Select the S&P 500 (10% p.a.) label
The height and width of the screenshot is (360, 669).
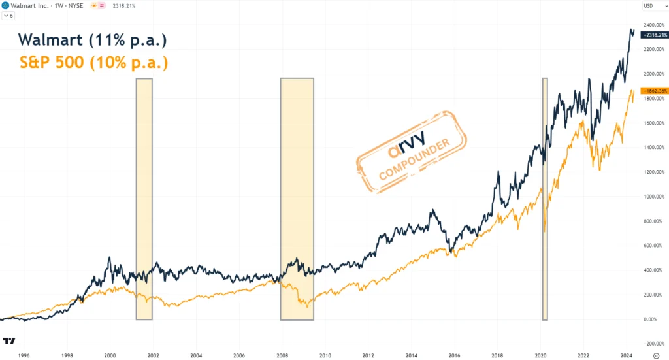[x=93, y=63]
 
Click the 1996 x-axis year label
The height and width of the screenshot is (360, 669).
[x=24, y=355]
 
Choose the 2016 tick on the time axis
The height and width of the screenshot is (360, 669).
[x=454, y=355]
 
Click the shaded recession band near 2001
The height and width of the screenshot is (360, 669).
[x=144, y=199]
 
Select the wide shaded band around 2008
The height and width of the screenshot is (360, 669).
[x=297, y=199]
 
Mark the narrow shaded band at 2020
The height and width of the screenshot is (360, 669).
[x=545, y=199]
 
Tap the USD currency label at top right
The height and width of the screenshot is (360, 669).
[x=648, y=7]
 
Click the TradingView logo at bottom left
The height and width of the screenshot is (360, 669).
[x=10, y=341]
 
